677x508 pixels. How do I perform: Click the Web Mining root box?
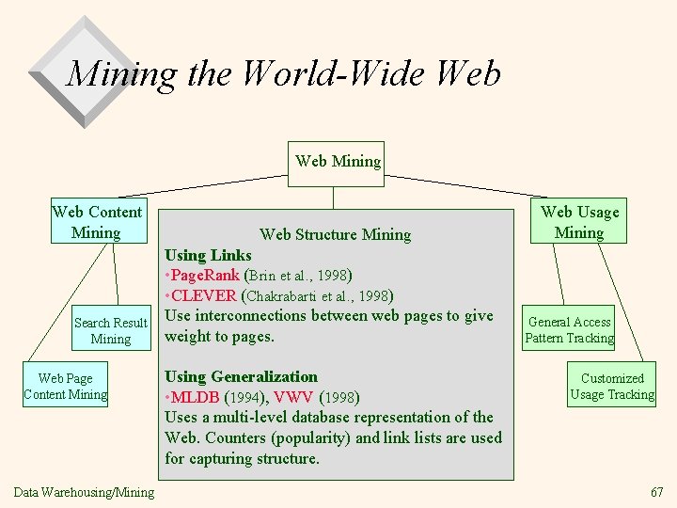pos(338,162)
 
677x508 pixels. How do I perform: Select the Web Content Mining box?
pos(97,222)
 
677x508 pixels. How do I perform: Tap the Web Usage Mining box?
pos(579,222)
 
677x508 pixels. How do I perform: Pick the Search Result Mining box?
pos(111,330)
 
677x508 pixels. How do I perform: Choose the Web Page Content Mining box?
pos(66,387)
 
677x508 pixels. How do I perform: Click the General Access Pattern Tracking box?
pos(569,330)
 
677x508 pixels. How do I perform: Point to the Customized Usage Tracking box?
pos(612,387)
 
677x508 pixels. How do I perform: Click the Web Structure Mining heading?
pos(335,234)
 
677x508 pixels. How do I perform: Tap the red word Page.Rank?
pos(204,276)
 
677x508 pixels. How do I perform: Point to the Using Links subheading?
pos(208,255)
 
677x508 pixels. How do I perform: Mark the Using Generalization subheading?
pos(241,376)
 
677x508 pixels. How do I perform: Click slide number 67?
pos(656,492)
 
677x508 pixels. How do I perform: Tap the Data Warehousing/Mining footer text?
pos(85,492)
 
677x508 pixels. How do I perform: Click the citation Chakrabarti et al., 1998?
pos(319,296)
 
